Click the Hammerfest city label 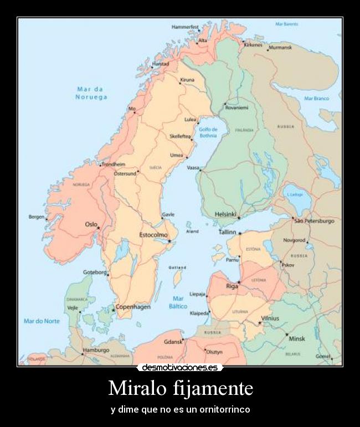click(x=185, y=27)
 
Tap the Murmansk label click(x=280, y=48)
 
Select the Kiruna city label click(x=187, y=80)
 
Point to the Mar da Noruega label click(x=91, y=93)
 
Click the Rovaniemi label click(x=237, y=107)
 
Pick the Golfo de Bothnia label click(x=208, y=132)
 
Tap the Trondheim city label click(x=113, y=164)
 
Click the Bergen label click(x=37, y=217)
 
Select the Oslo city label click(x=91, y=224)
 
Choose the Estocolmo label click(x=153, y=235)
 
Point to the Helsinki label click(x=225, y=214)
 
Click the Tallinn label click(x=227, y=233)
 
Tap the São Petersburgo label click(x=314, y=221)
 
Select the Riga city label click(x=232, y=286)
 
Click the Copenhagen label click(x=133, y=307)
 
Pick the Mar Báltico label click(x=177, y=302)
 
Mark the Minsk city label click(x=297, y=338)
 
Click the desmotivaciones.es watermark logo click(x=180, y=367)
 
